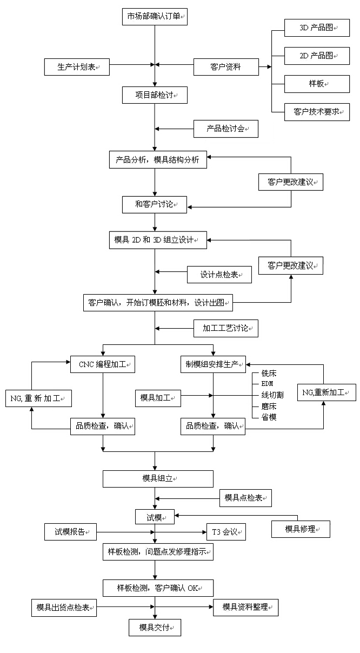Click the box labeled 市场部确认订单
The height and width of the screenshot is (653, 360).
pyautogui.click(x=155, y=17)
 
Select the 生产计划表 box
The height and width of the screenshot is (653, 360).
pyautogui.click(x=77, y=67)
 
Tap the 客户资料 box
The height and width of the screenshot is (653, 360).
pyautogui.click(x=226, y=67)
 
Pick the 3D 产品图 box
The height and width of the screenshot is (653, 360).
pyautogui.click(x=317, y=27)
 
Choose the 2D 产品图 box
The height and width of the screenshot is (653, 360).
pyautogui.click(x=317, y=55)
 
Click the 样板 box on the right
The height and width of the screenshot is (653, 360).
pyautogui.click(x=317, y=83)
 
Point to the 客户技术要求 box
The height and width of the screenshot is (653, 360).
pyautogui.click(x=317, y=112)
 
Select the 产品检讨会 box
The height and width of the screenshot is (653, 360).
pyautogui.click(x=226, y=129)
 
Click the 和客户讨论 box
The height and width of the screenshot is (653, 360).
pyautogui.click(x=155, y=204)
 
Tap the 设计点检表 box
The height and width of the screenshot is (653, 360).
pyautogui.click(x=219, y=275)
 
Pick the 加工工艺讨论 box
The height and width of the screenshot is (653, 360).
pyautogui.click(x=226, y=328)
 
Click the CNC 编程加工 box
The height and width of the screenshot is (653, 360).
pyautogui.click(x=103, y=364)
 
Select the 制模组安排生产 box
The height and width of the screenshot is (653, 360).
pyautogui.click(x=213, y=364)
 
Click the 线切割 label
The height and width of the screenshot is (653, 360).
pyautogui.click(x=272, y=395)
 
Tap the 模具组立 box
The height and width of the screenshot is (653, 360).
pyautogui.click(x=158, y=478)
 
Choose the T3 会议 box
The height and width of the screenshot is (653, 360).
pyautogui.click(x=226, y=532)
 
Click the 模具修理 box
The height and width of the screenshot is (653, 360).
pyautogui.click(x=301, y=529)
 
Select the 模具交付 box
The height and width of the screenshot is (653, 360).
pyautogui.click(x=155, y=627)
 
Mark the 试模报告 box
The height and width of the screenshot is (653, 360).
pyautogui.click(x=70, y=532)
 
